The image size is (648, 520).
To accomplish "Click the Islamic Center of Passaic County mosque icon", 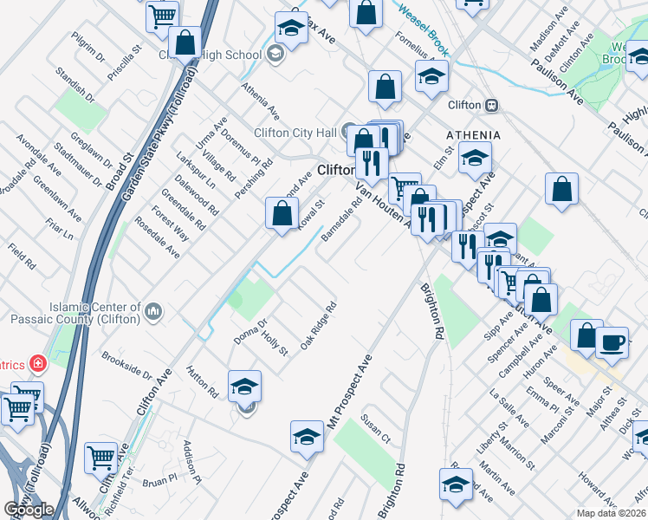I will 153,310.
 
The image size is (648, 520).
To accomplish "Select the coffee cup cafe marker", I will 612,342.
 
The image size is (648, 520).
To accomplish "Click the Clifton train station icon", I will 491,105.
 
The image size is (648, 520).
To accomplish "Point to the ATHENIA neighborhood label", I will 473,135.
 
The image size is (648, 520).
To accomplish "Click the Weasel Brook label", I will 421,26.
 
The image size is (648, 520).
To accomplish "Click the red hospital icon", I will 37,363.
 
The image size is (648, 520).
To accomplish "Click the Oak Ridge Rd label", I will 318,326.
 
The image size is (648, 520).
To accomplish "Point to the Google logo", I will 29,510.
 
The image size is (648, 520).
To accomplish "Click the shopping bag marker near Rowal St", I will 282,213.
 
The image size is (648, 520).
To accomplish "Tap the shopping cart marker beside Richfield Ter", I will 102,457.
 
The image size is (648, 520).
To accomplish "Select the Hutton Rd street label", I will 206,381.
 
